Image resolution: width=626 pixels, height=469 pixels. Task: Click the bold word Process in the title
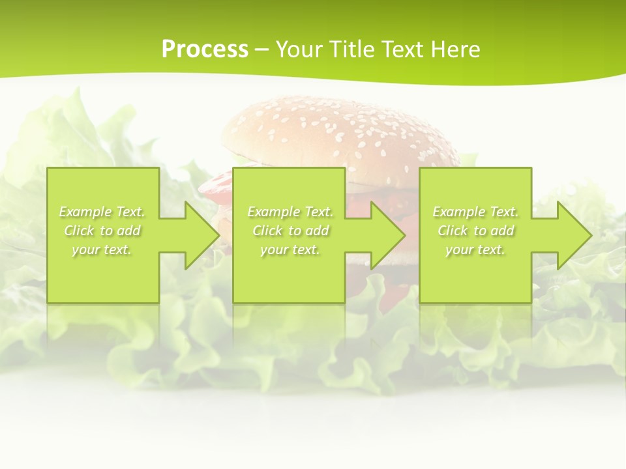[205, 50]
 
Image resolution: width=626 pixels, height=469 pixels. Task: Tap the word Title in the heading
[351, 50]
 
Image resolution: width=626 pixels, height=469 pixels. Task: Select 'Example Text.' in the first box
[102, 212]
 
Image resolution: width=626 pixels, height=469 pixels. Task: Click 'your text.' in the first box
[102, 249]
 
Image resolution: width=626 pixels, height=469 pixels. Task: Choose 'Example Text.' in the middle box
[290, 212]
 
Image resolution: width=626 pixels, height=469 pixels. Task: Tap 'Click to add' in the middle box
[290, 231]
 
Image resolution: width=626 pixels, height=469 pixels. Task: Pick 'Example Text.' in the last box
[475, 212]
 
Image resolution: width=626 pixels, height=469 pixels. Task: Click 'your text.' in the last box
[475, 249]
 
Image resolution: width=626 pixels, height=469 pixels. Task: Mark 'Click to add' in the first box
[102, 231]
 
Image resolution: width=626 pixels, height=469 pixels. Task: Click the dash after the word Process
[261, 50]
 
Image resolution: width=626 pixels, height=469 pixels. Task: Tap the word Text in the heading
[403, 50]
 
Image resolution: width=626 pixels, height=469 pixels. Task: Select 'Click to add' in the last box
[475, 231]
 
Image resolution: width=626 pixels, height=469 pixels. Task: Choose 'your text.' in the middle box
[290, 249]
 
